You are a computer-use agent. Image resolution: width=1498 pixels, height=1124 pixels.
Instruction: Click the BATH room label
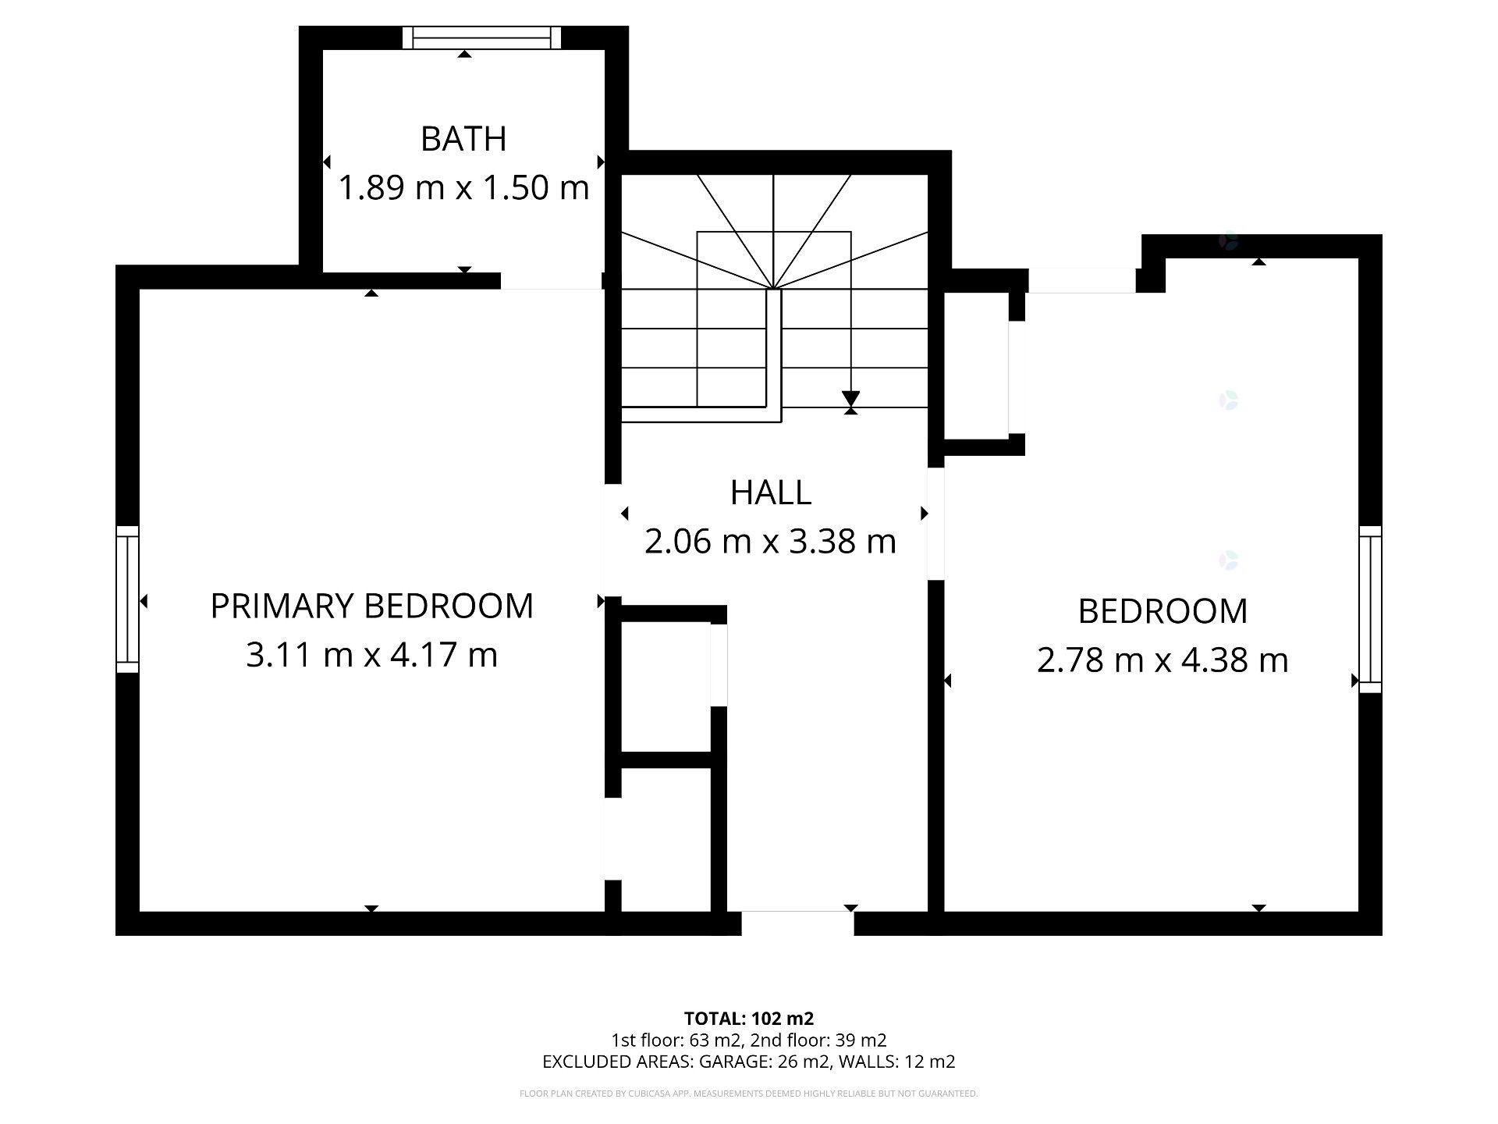pyautogui.click(x=463, y=139)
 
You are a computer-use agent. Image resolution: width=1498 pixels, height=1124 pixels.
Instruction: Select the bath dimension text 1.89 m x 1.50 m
pyautogui.click(x=463, y=187)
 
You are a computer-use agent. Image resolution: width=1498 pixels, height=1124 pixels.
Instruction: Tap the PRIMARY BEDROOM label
pyautogui.click(x=372, y=606)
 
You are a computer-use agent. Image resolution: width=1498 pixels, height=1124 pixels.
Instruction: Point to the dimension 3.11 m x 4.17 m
pyautogui.click(x=372, y=654)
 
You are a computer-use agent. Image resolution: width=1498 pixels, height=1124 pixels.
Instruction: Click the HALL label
pyautogui.click(x=771, y=493)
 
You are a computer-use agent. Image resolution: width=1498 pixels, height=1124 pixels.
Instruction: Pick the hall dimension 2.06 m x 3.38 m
pyautogui.click(x=771, y=541)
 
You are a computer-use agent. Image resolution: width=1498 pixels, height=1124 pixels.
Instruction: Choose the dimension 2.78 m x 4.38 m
pyautogui.click(x=1163, y=660)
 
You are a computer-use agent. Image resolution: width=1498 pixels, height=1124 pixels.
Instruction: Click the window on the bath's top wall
pyautogui.click(x=482, y=37)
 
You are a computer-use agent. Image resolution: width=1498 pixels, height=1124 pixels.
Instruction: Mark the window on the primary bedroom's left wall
pyautogui.click(x=127, y=599)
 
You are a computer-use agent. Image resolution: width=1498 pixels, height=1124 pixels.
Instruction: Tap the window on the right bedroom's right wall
pyautogui.click(x=1370, y=610)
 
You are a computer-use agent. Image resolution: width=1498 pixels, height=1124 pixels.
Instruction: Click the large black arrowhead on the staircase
pyautogui.click(x=850, y=399)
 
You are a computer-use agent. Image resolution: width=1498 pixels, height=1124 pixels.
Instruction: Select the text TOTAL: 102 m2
pyautogui.click(x=749, y=1018)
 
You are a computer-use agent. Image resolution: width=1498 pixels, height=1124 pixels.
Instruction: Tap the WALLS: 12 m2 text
pyautogui.click(x=896, y=1062)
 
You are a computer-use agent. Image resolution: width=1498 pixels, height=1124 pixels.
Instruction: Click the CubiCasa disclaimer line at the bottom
pyautogui.click(x=749, y=1094)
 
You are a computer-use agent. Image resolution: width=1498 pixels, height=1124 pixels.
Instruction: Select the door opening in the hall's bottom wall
pyautogui.click(x=797, y=923)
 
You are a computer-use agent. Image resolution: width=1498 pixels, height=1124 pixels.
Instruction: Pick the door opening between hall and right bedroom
pyautogui.click(x=936, y=524)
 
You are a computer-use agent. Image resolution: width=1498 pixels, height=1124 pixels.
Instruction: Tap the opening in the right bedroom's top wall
pyautogui.click(x=1082, y=281)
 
